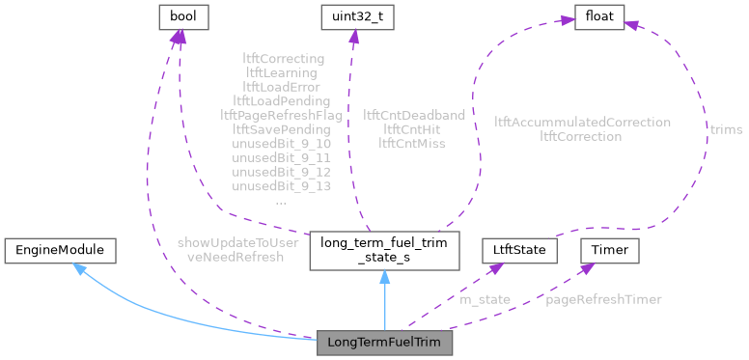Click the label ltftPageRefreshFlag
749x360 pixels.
281,114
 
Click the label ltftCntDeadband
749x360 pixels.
414,114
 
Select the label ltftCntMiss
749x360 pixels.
414,143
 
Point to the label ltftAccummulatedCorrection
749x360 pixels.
582,122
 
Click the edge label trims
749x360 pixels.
727,128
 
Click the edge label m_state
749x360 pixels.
485,299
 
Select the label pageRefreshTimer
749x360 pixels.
603,299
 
